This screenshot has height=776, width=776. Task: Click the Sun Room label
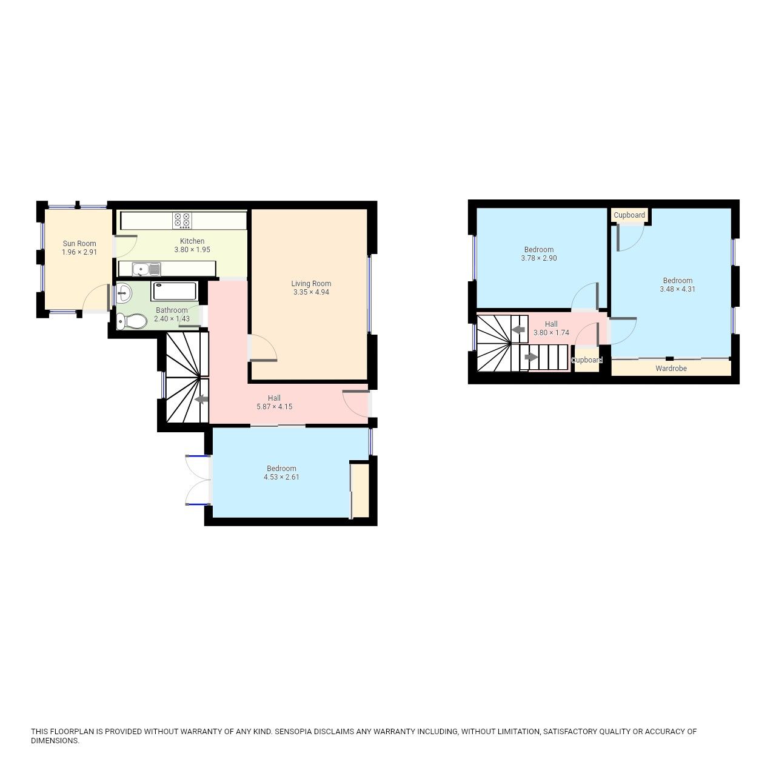[79, 244]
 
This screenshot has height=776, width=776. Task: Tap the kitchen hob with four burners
[182, 219]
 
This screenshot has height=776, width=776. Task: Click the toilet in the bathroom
[132, 321]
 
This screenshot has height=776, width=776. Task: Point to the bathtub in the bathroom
[175, 291]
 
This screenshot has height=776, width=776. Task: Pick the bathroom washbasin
[124, 293]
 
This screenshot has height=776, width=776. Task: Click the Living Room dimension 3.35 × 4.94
[311, 292]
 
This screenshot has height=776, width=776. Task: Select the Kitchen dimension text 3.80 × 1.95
[192, 250]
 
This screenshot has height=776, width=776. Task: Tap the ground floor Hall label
[274, 398]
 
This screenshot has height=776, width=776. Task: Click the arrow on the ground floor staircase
[201, 399]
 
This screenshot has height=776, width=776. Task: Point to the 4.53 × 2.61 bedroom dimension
[281, 477]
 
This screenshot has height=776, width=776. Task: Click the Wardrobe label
[671, 368]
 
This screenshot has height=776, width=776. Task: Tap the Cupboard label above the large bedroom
[629, 215]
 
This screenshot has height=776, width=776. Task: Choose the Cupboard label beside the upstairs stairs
[587, 360]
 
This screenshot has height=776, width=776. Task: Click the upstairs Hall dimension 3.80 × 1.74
[551, 333]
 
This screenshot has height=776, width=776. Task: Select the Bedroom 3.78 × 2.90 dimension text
[538, 258]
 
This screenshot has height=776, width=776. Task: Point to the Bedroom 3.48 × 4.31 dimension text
[677, 289]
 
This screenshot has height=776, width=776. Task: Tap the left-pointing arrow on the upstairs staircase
[518, 330]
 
